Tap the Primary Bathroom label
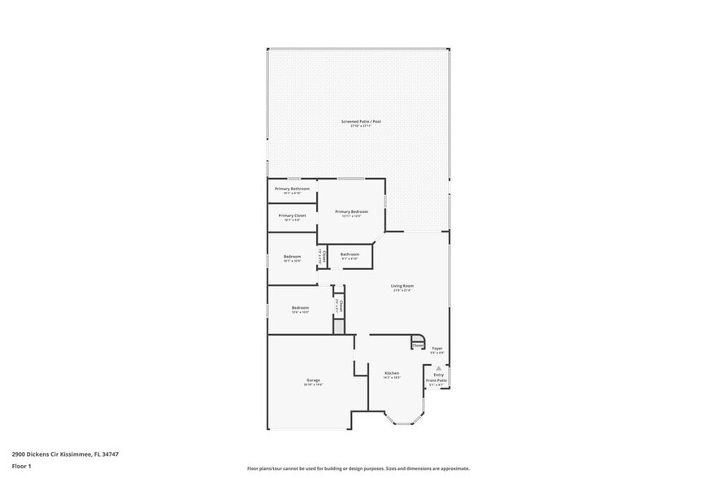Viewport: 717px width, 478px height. click(292, 188)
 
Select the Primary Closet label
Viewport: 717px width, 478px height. click(292, 215)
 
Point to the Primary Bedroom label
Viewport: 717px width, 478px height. click(351, 211)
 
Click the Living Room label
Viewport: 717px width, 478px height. click(402, 285)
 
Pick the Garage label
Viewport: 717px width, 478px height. click(313, 380)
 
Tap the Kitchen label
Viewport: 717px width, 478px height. click(393, 373)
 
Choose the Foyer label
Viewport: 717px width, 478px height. click(437, 348)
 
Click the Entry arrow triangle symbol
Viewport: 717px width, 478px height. click(438, 367)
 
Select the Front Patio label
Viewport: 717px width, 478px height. click(437, 380)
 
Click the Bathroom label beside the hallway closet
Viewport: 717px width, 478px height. click(350, 254)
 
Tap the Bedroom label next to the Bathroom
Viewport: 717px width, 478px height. click(292, 257)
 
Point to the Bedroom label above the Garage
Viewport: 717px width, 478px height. click(300, 307)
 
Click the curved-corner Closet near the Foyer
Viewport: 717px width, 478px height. click(417, 345)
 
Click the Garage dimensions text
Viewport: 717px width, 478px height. click(313, 385)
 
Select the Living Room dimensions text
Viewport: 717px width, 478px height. click(402, 290)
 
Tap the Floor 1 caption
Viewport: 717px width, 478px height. click(21, 467)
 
